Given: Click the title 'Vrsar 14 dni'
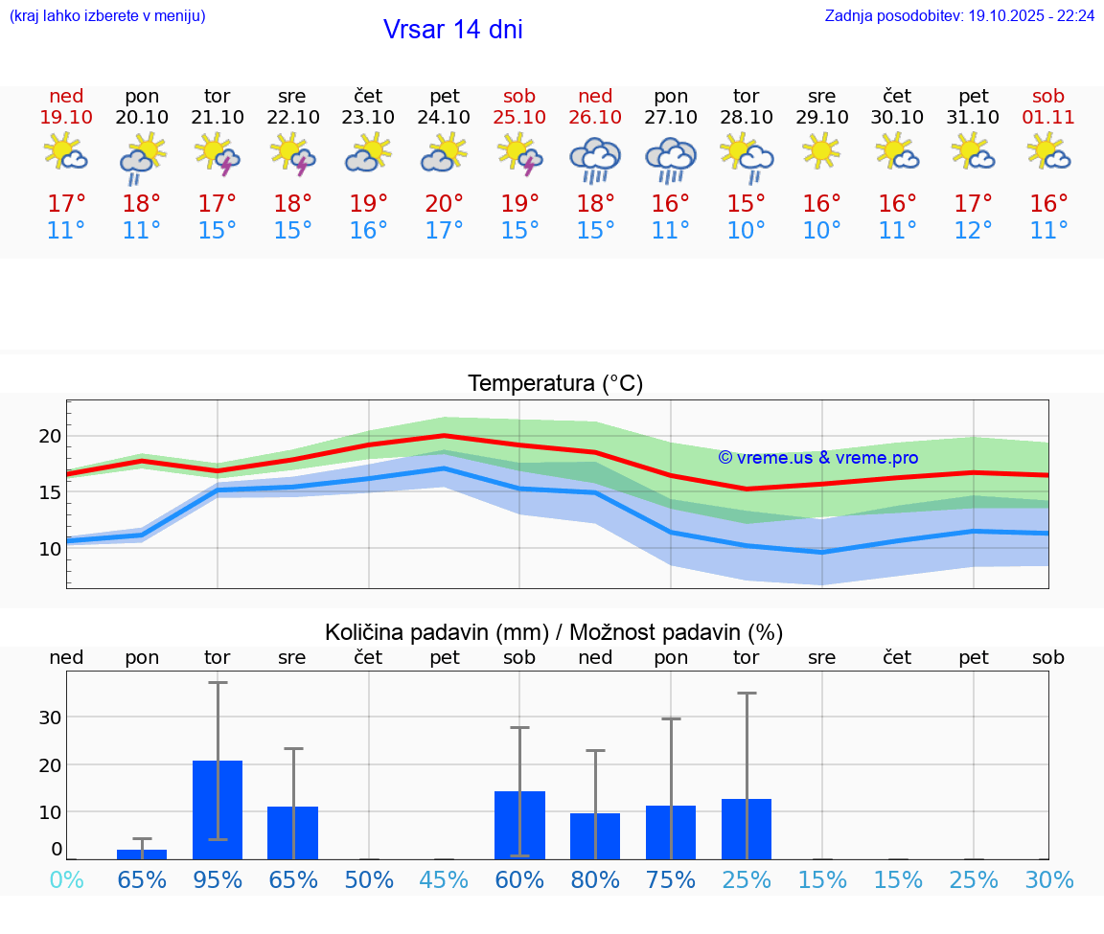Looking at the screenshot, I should click(452, 30).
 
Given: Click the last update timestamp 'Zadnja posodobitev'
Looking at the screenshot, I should click(959, 16).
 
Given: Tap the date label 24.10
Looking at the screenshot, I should click(444, 117).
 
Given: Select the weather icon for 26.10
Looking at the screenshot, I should click(595, 160).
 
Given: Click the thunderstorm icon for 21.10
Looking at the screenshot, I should click(218, 155).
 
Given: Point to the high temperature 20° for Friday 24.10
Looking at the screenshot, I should click(444, 203).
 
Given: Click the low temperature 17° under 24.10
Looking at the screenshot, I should click(444, 231).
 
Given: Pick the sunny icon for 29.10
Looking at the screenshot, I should click(821, 151).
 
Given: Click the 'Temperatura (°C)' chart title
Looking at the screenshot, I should click(555, 384).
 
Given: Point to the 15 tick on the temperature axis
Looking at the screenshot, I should click(50, 492).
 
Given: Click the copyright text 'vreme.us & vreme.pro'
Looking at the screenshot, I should click(818, 458).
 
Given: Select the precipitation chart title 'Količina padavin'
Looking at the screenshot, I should click(554, 632).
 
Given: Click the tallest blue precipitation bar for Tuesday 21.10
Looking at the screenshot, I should click(218, 809).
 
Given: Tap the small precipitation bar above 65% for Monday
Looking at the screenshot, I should click(142, 854).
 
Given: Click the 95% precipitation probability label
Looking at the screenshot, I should click(218, 880).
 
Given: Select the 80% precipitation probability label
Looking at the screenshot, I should click(595, 880).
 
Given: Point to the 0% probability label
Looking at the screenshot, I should click(66, 880).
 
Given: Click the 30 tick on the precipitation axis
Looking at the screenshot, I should click(50, 718).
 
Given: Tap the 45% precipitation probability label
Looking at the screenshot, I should click(444, 880).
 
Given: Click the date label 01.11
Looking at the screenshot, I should click(1048, 117).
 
